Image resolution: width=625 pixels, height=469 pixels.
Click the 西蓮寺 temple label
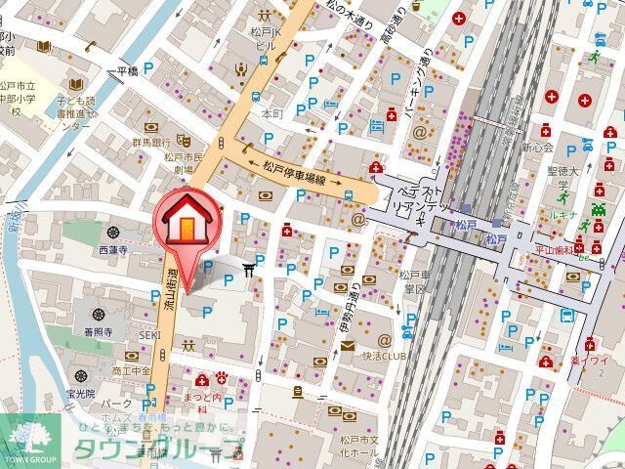[x=112, y=251]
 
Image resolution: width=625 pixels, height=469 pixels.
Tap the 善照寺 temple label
[x=99, y=332]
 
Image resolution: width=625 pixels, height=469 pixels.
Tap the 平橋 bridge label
[x=128, y=71]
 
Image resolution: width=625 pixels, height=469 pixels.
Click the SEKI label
[x=148, y=335]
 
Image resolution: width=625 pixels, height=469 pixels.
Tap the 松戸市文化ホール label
[x=358, y=448]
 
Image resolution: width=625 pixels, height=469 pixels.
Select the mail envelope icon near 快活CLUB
[x=348, y=348]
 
